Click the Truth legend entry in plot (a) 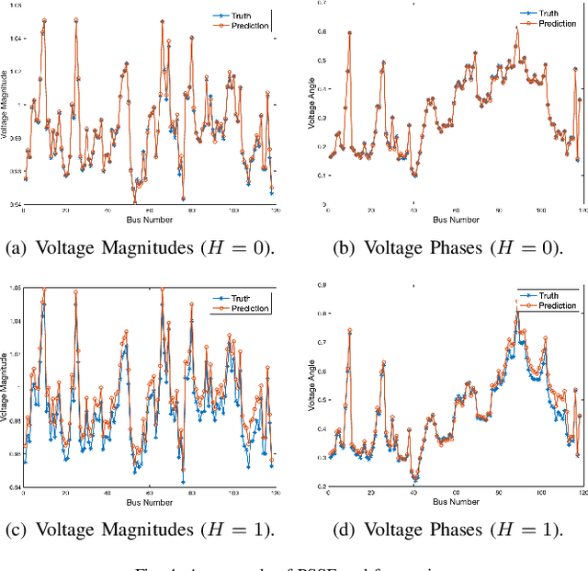click(x=248, y=16)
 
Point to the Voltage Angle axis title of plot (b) click(x=311, y=106)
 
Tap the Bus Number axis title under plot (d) click(x=455, y=502)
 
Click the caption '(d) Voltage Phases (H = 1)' click(x=447, y=530)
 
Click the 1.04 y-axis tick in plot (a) click(x=14, y=39)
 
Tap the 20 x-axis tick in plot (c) click(x=65, y=494)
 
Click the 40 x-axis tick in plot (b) click(x=413, y=211)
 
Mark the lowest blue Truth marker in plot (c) click(x=183, y=482)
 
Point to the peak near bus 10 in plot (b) click(x=349, y=33)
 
